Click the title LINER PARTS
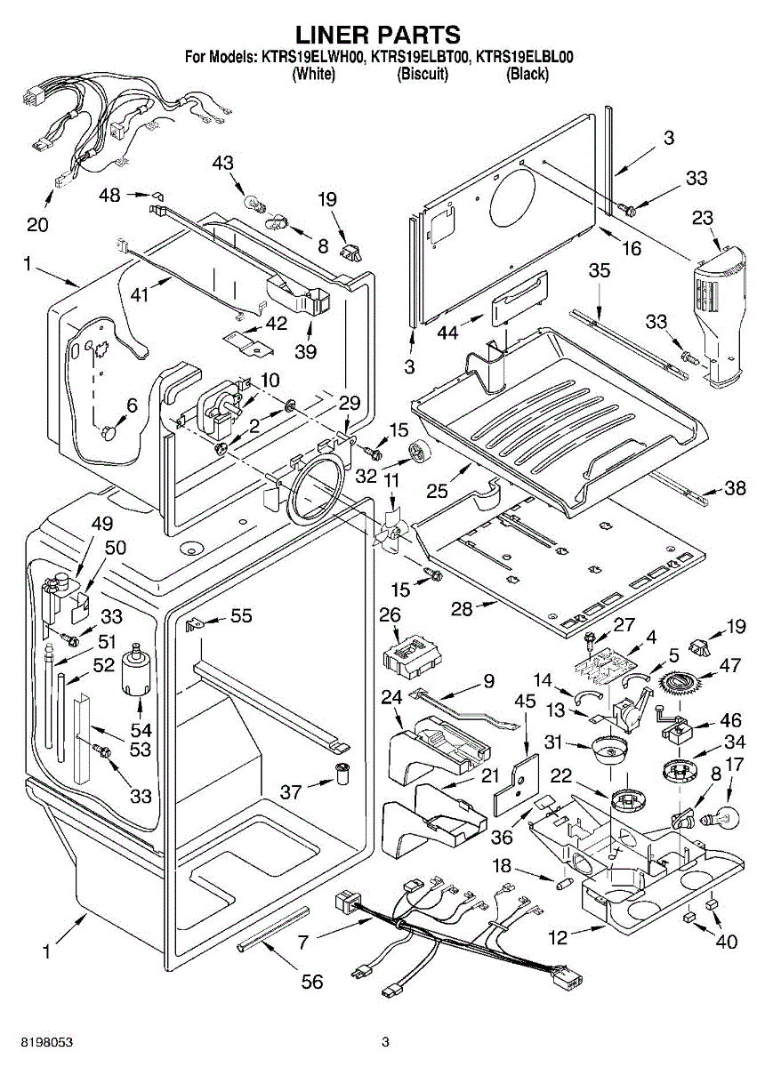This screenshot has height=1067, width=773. pyautogui.click(x=377, y=34)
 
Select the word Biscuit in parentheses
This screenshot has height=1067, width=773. pyautogui.click(x=423, y=75)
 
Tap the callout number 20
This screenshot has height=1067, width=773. pyautogui.click(x=37, y=224)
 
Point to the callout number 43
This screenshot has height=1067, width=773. pyautogui.click(x=223, y=163)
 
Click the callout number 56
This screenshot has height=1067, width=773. pyautogui.click(x=311, y=981)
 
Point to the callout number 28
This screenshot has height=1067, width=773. pyautogui.click(x=487, y=608)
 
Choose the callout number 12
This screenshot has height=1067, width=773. pyautogui.click(x=558, y=935)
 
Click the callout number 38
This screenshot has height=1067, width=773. pyautogui.click(x=735, y=488)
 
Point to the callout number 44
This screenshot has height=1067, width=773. pyautogui.click(x=448, y=333)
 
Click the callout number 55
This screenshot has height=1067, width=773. pyautogui.click(x=241, y=614)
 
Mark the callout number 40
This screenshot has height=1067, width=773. pyautogui.click(x=726, y=941)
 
